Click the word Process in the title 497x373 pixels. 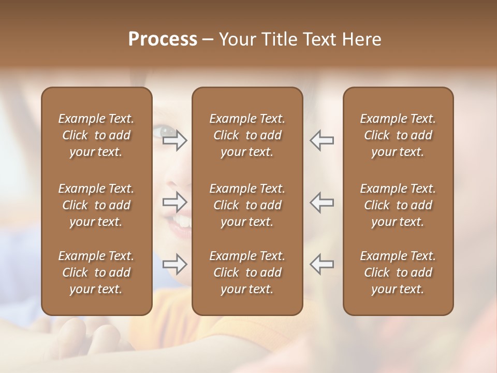[x=163, y=39]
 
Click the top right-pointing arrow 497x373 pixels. [x=175, y=140]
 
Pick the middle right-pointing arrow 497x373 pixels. [x=175, y=202]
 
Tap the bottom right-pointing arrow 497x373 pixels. [x=175, y=264]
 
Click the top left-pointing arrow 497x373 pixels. [x=321, y=140]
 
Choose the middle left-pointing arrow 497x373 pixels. [x=321, y=202]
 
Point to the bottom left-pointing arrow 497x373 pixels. [x=321, y=264]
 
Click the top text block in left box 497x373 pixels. [x=96, y=135]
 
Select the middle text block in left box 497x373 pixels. [x=96, y=205]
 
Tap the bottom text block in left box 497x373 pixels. [x=96, y=272]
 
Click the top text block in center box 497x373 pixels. [x=247, y=135]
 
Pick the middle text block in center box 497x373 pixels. [x=247, y=205]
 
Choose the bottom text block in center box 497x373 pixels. [x=247, y=272]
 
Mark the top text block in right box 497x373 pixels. [x=398, y=135]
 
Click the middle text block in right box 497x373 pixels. [x=398, y=205]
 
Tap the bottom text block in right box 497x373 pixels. [x=398, y=272]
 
